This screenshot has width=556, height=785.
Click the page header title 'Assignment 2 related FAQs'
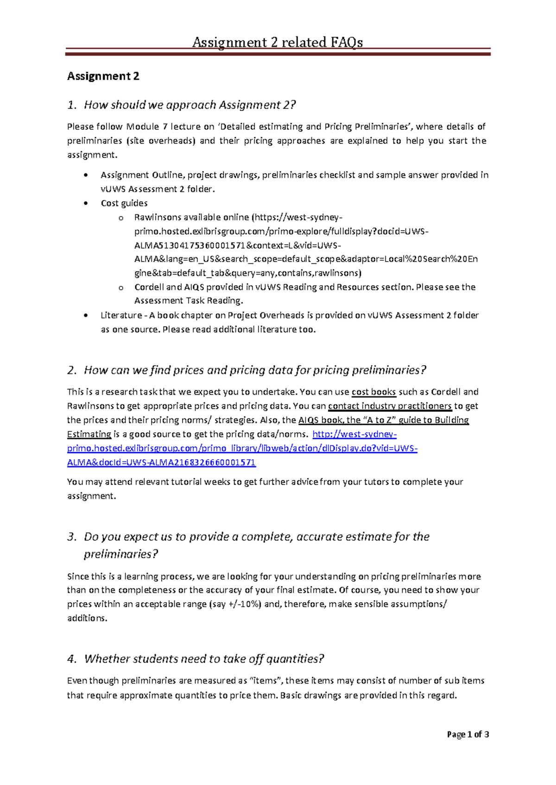pos(278,42)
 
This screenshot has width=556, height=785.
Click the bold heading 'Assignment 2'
pos(103,76)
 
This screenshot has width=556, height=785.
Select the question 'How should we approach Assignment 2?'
pos(190,105)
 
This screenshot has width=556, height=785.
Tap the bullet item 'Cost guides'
pos(124,203)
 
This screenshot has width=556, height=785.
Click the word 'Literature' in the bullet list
pos(121,315)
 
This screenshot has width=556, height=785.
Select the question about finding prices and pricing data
pos(254,370)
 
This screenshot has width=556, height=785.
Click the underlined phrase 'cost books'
pos(373,392)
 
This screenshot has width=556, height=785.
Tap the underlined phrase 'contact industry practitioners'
pos(390,406)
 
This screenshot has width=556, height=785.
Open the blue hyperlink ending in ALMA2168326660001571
pos(161,462)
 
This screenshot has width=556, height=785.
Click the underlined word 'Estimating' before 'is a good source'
pos(89,434)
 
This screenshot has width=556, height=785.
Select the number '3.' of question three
pos(71,537)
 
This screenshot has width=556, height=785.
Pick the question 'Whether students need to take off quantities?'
pos(204,659)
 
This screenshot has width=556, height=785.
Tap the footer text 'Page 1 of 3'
pos(468,735)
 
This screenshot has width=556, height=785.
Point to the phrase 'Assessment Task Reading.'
pos(189,301)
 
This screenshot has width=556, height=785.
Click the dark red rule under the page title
pos(278,54)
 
